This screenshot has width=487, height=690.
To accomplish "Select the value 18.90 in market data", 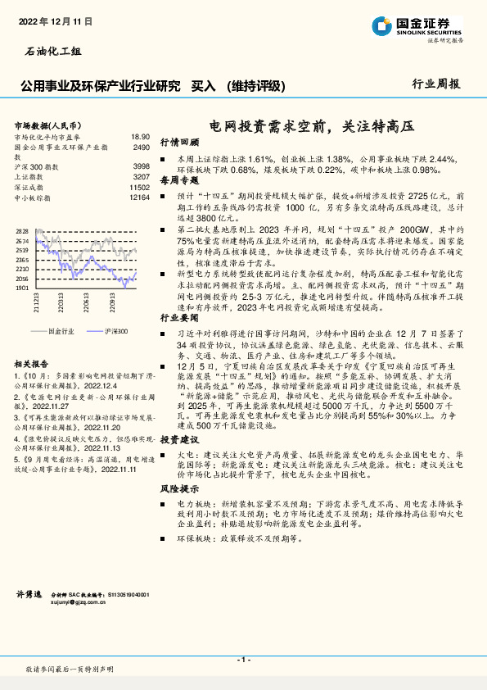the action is (140, 137).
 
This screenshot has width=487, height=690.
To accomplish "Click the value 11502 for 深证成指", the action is (139, 187).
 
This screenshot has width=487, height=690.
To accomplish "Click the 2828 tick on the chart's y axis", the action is (22, 232).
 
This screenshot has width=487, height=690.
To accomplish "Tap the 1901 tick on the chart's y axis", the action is (22, 288).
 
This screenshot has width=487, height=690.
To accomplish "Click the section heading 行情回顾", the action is (179, 142).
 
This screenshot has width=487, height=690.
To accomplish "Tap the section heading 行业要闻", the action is (179, 316).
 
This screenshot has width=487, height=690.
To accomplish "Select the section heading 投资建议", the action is (179, 440).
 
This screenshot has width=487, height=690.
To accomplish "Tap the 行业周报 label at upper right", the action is (436, 84).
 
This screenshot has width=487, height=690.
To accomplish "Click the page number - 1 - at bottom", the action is (243, 659).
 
